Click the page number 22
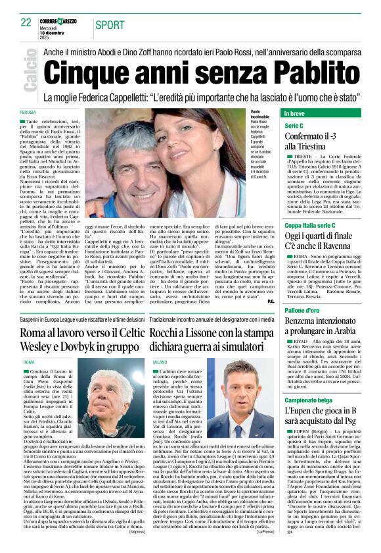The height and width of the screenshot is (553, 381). [x=26, y=23]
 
